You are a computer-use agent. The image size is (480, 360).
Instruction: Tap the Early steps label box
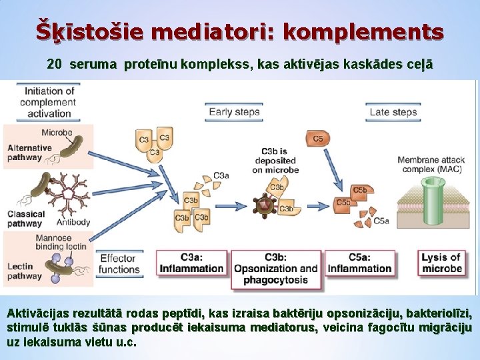[234, 111]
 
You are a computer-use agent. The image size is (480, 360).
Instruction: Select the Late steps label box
[393, 111]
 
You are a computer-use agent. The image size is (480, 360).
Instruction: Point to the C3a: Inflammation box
[192, 263]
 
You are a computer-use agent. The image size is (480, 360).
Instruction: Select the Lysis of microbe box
[441, 263]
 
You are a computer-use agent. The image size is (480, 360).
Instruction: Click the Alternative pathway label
[29, 153]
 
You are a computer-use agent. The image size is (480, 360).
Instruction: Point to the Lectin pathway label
[25, 271]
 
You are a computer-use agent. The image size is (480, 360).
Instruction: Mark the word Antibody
[74, 222]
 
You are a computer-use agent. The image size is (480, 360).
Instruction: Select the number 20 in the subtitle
[55, 65]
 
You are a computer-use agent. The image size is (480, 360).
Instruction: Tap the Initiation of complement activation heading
[49, 102]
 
